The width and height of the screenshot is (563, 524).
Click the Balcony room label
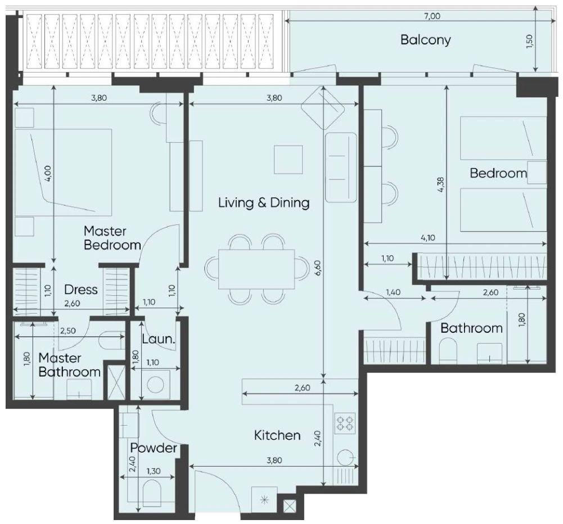pyautogui.click(x=425, y=39)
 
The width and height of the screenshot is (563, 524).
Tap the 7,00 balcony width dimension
pyautogui.click(x=432, y=16)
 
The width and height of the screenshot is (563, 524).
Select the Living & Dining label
pyautogui.click(x=264, y=203)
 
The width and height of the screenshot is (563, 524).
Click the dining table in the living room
pyautogui.click(x=256, y=269)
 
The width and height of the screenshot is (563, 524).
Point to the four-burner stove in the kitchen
pyautogui.click(x=345, y=423)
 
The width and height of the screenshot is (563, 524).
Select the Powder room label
pyautogui.click(x=154, y=448)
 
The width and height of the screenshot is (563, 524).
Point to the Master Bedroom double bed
pyautogui.click(x=63, y=173)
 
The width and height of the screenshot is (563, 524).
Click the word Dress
pyautogui.click(x=81, y=290)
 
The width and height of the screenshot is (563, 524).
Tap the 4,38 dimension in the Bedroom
pyautogui.click(x=442, y=185)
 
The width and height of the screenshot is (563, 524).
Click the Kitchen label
pyautogui.click(x=277, y=435)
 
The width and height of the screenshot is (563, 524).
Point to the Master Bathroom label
pyautogui.click(x=69, y=365)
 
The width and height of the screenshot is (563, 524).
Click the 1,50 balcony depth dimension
pyautogui.click(x=530, y=42)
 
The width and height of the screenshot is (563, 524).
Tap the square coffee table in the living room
pyautogui.click(x=288, y=160)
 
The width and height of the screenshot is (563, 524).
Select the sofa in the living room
pyautogui.click(x=341, y=168)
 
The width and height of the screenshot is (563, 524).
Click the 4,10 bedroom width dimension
pyautogui.click(x=427, y=238)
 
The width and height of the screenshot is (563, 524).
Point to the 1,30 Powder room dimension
pyautogui.click(x=154, y=471)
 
